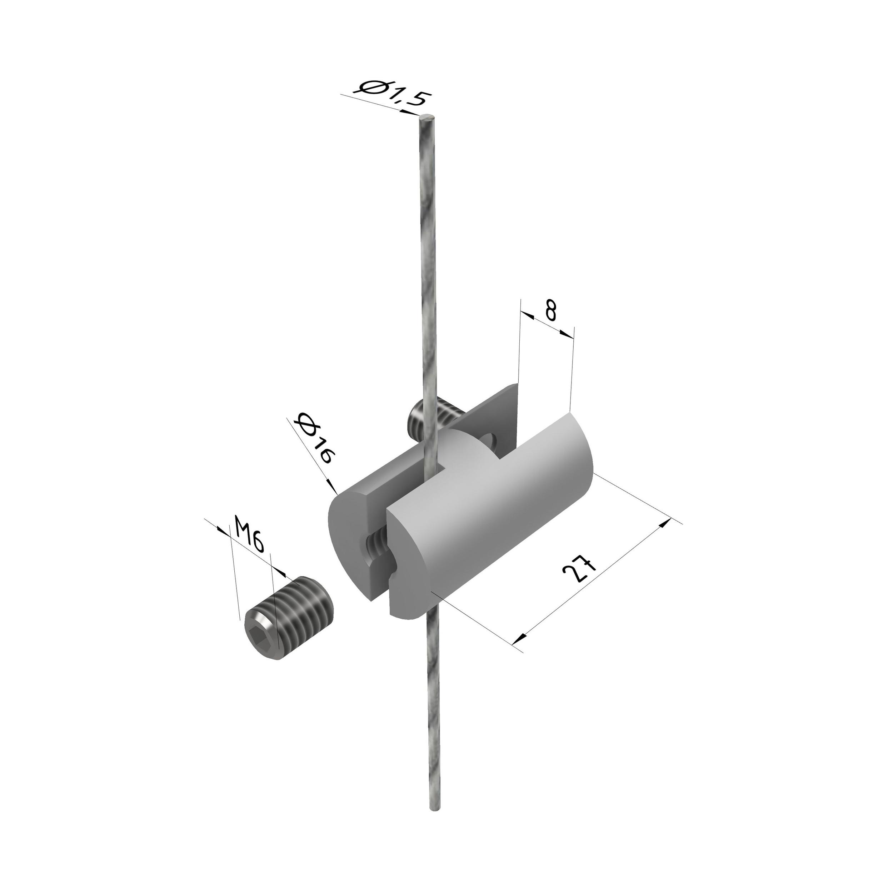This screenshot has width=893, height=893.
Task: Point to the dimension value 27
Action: click(x=578, y=575)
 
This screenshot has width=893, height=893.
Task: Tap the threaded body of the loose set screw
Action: click(x=298, y=606)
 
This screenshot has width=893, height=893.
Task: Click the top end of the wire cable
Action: click(x=426, y=118)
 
